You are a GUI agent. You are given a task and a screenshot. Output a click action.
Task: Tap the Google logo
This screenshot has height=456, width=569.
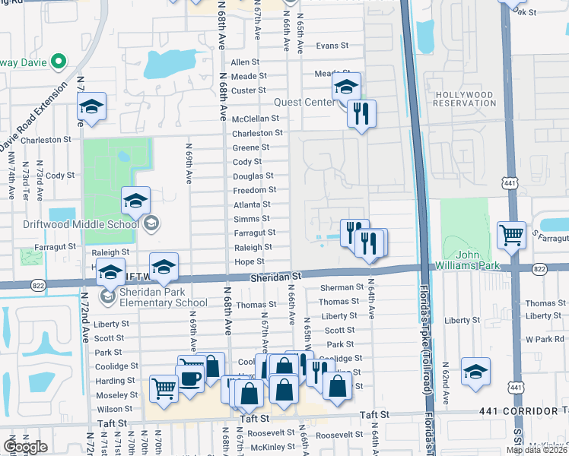pyautogui.click(x=25, y=446)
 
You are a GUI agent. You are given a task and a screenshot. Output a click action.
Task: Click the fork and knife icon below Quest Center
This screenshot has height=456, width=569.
pyautogui.click(x=361, y=114)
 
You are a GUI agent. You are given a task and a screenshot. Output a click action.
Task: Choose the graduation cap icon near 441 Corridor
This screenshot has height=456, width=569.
pyautogui.click(x=475, y=371)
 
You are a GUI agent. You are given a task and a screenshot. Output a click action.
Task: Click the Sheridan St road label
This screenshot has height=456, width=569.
pyautogui.click(x=277, y=279)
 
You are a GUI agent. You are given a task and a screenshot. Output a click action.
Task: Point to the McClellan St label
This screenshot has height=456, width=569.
pyautogui.click(x=256, y=119)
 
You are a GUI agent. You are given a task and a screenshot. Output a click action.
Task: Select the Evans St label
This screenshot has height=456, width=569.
pyautogui.click(x=332, y=46)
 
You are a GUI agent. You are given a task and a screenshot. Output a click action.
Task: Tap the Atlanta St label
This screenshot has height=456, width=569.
pyautogui.click(x=252, y=204)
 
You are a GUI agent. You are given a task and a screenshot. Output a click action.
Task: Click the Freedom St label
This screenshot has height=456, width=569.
pyautogui.click(x=254, y=190)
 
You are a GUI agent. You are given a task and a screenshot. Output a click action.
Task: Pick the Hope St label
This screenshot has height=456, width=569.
pyautogui.click(x=250, y=261)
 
